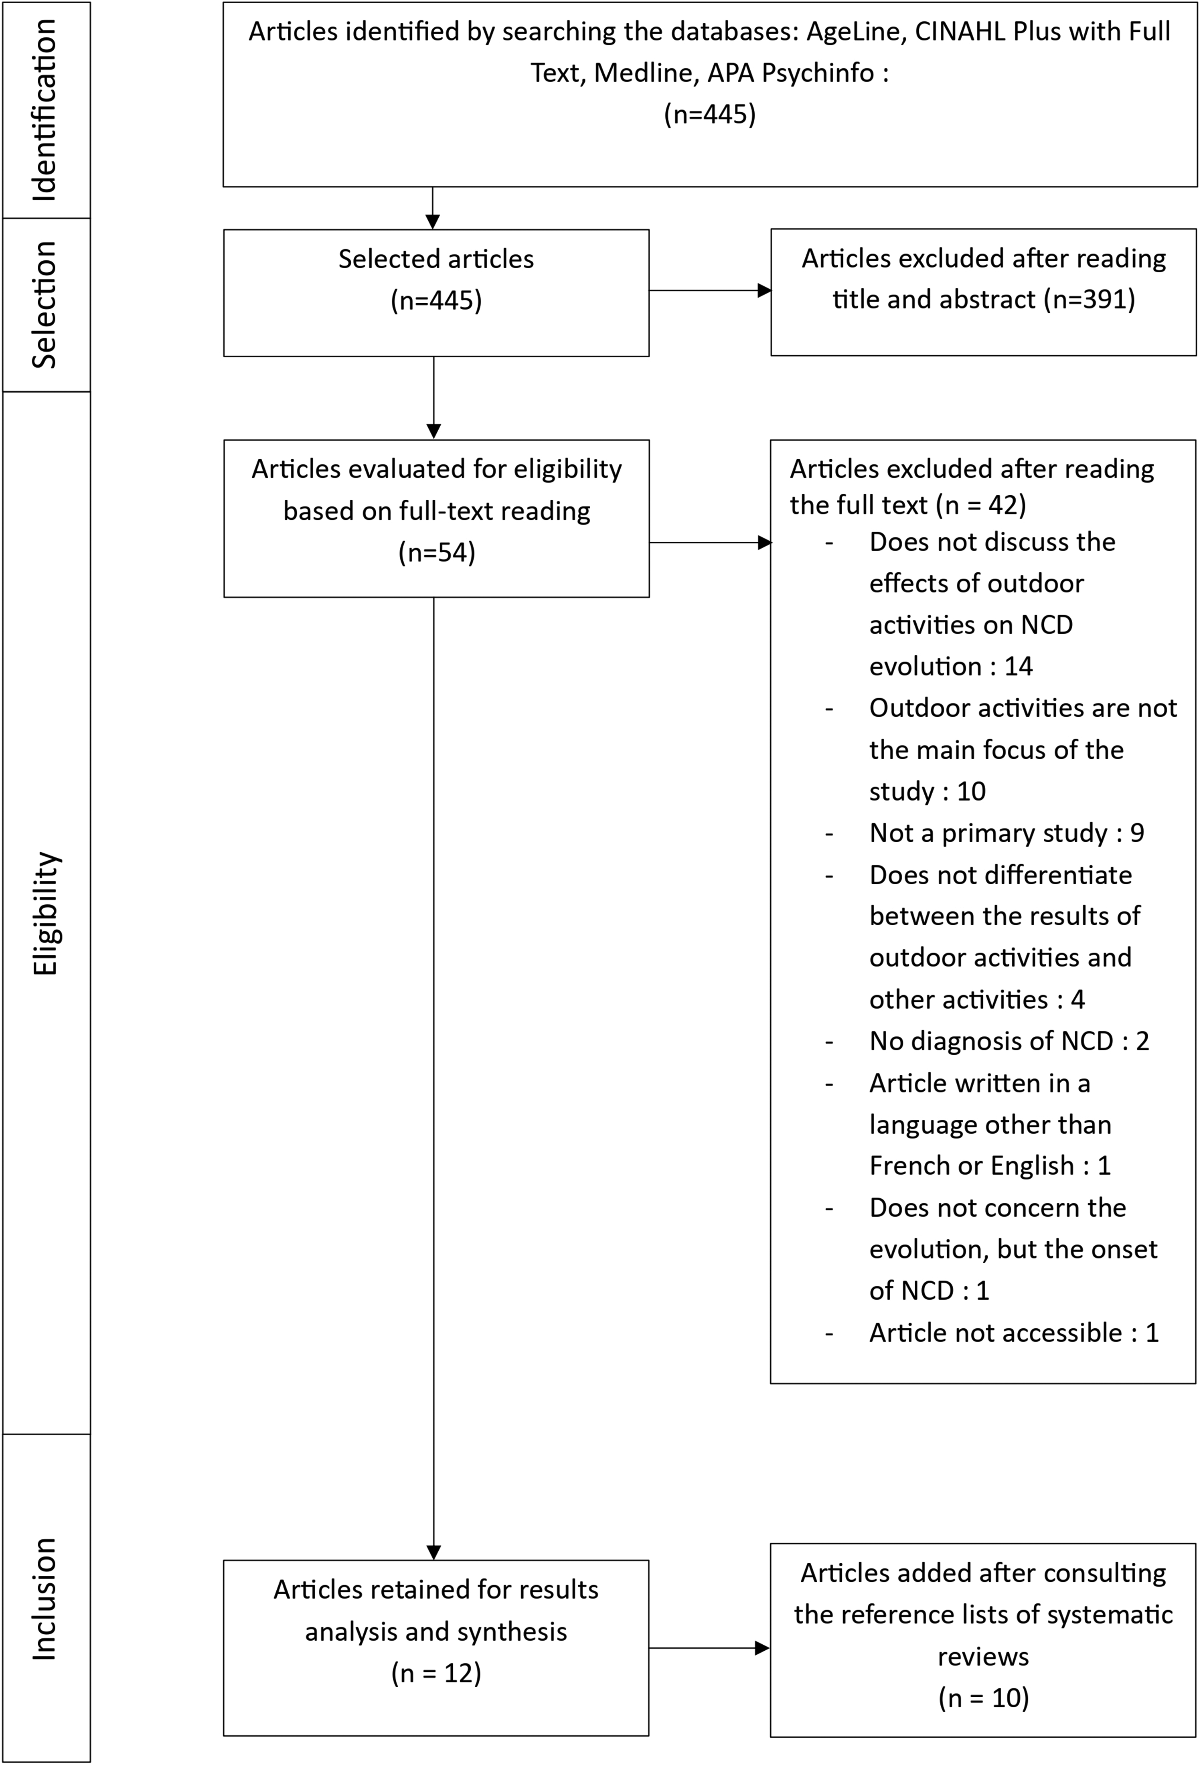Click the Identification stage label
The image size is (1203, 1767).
pyautogui.click(x=44, y=110)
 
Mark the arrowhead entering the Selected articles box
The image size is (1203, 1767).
pyautogui.click(x=433, y=222)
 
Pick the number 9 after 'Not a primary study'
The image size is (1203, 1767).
pyautogui.click(x=1137, y=833)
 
